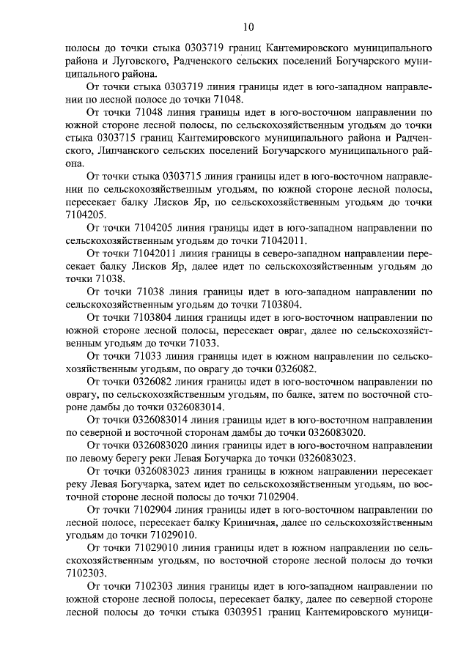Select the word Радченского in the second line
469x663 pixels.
[202, 61]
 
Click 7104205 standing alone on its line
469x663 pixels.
[85, 215]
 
